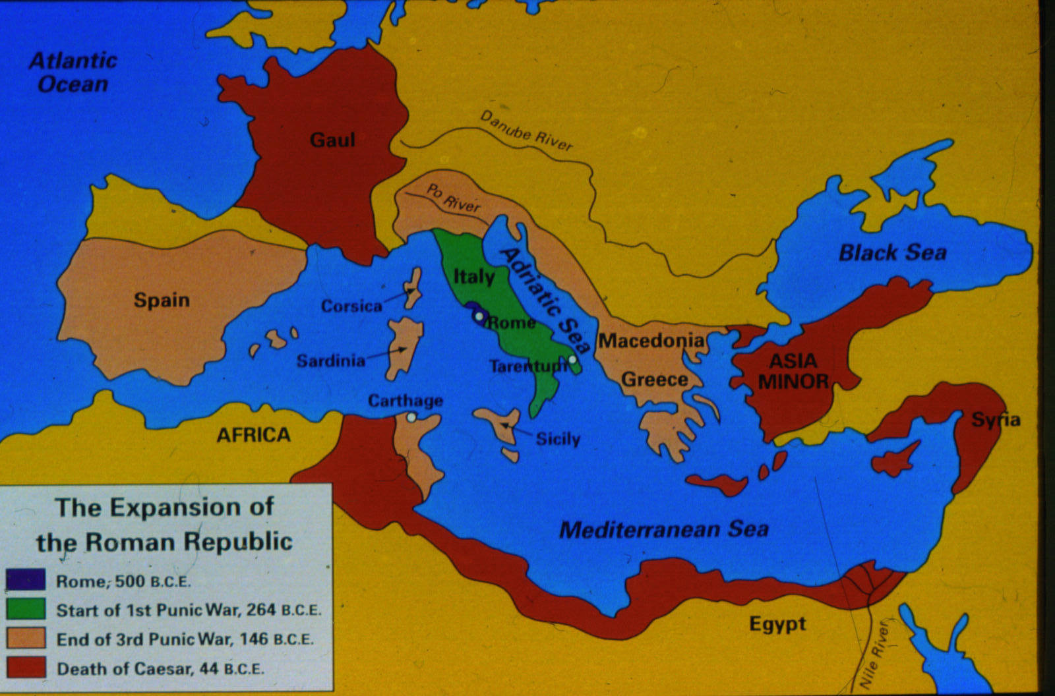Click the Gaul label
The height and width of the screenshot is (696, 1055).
click(x=332, y=140)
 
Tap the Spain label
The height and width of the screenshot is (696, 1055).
click(x=162, y=301)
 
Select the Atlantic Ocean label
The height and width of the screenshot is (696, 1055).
click(x=73, y=72)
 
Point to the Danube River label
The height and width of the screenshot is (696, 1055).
click(x=526, y=130)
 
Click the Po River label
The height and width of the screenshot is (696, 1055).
click(x=454, y=198)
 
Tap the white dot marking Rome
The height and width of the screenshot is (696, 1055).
click(x=479, y=316)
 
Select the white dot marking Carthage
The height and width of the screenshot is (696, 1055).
click(x=411, y=417)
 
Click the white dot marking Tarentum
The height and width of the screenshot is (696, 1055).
click(x=573, y=359)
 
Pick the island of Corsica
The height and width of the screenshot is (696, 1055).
click(x=413, y=288)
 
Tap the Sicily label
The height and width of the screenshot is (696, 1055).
click(x=558, y=439)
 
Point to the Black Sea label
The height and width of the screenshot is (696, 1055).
click(x=892, y=252)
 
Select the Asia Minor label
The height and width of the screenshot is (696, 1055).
click(x=793, y=371)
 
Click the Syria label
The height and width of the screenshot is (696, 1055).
click(x=996, y=420)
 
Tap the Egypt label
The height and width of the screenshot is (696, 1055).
click(x=777, y=623)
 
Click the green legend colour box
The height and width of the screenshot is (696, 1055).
click(x=26, y=609)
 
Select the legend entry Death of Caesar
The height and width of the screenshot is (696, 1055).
click(x=160, y=669)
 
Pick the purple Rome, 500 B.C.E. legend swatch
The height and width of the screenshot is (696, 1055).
click(x=26, y=580)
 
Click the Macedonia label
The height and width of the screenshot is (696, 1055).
click(x=651, y=341)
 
